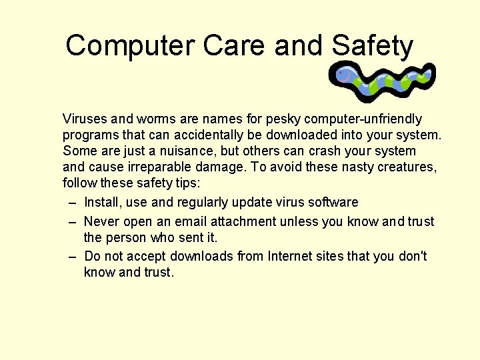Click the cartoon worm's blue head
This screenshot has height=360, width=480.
344,75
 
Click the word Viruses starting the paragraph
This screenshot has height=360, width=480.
85,119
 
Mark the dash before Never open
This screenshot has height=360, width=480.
72,222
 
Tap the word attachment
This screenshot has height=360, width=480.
242,221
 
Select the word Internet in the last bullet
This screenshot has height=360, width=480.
292,256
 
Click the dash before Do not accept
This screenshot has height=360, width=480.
72,257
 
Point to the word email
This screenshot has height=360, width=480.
191,221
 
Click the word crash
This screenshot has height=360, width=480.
325,151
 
